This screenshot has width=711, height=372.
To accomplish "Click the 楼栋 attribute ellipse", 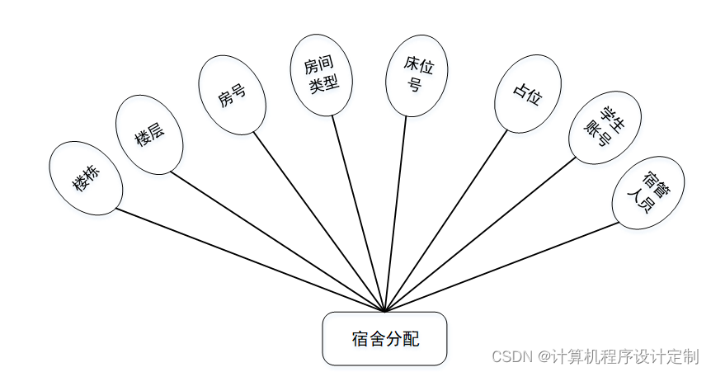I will pos(86,178).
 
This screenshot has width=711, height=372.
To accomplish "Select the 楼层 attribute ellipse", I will pos(149,134).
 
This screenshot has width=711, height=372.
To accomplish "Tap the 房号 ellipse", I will pos(232,94).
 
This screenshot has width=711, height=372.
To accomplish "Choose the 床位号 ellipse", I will pos(416,74).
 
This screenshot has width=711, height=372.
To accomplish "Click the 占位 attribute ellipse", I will pos(527,93).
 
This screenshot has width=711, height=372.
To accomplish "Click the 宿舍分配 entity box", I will pos(384,338).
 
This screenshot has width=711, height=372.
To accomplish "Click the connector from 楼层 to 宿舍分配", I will pos(276,240).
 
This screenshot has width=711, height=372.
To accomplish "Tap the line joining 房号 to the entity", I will pos(318,219).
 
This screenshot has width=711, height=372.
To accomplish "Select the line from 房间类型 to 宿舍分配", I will pos(359,214).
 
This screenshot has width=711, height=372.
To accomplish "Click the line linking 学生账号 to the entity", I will pos(478,235).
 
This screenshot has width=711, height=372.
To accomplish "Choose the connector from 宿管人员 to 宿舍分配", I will pos(503,266).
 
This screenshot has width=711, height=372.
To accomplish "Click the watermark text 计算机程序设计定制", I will pos(625,356).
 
